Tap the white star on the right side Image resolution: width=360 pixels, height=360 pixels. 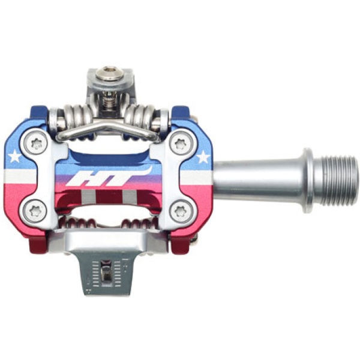(x=203, y=157)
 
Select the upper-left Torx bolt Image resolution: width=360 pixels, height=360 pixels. (x=35, y=145)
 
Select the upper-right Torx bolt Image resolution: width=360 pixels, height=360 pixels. (x=181, y=145)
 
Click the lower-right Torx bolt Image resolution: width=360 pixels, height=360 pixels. (x=181, y=211)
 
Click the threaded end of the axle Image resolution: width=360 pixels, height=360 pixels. (x=335, y=181)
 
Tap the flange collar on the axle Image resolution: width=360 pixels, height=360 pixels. (x=307, y=181)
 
